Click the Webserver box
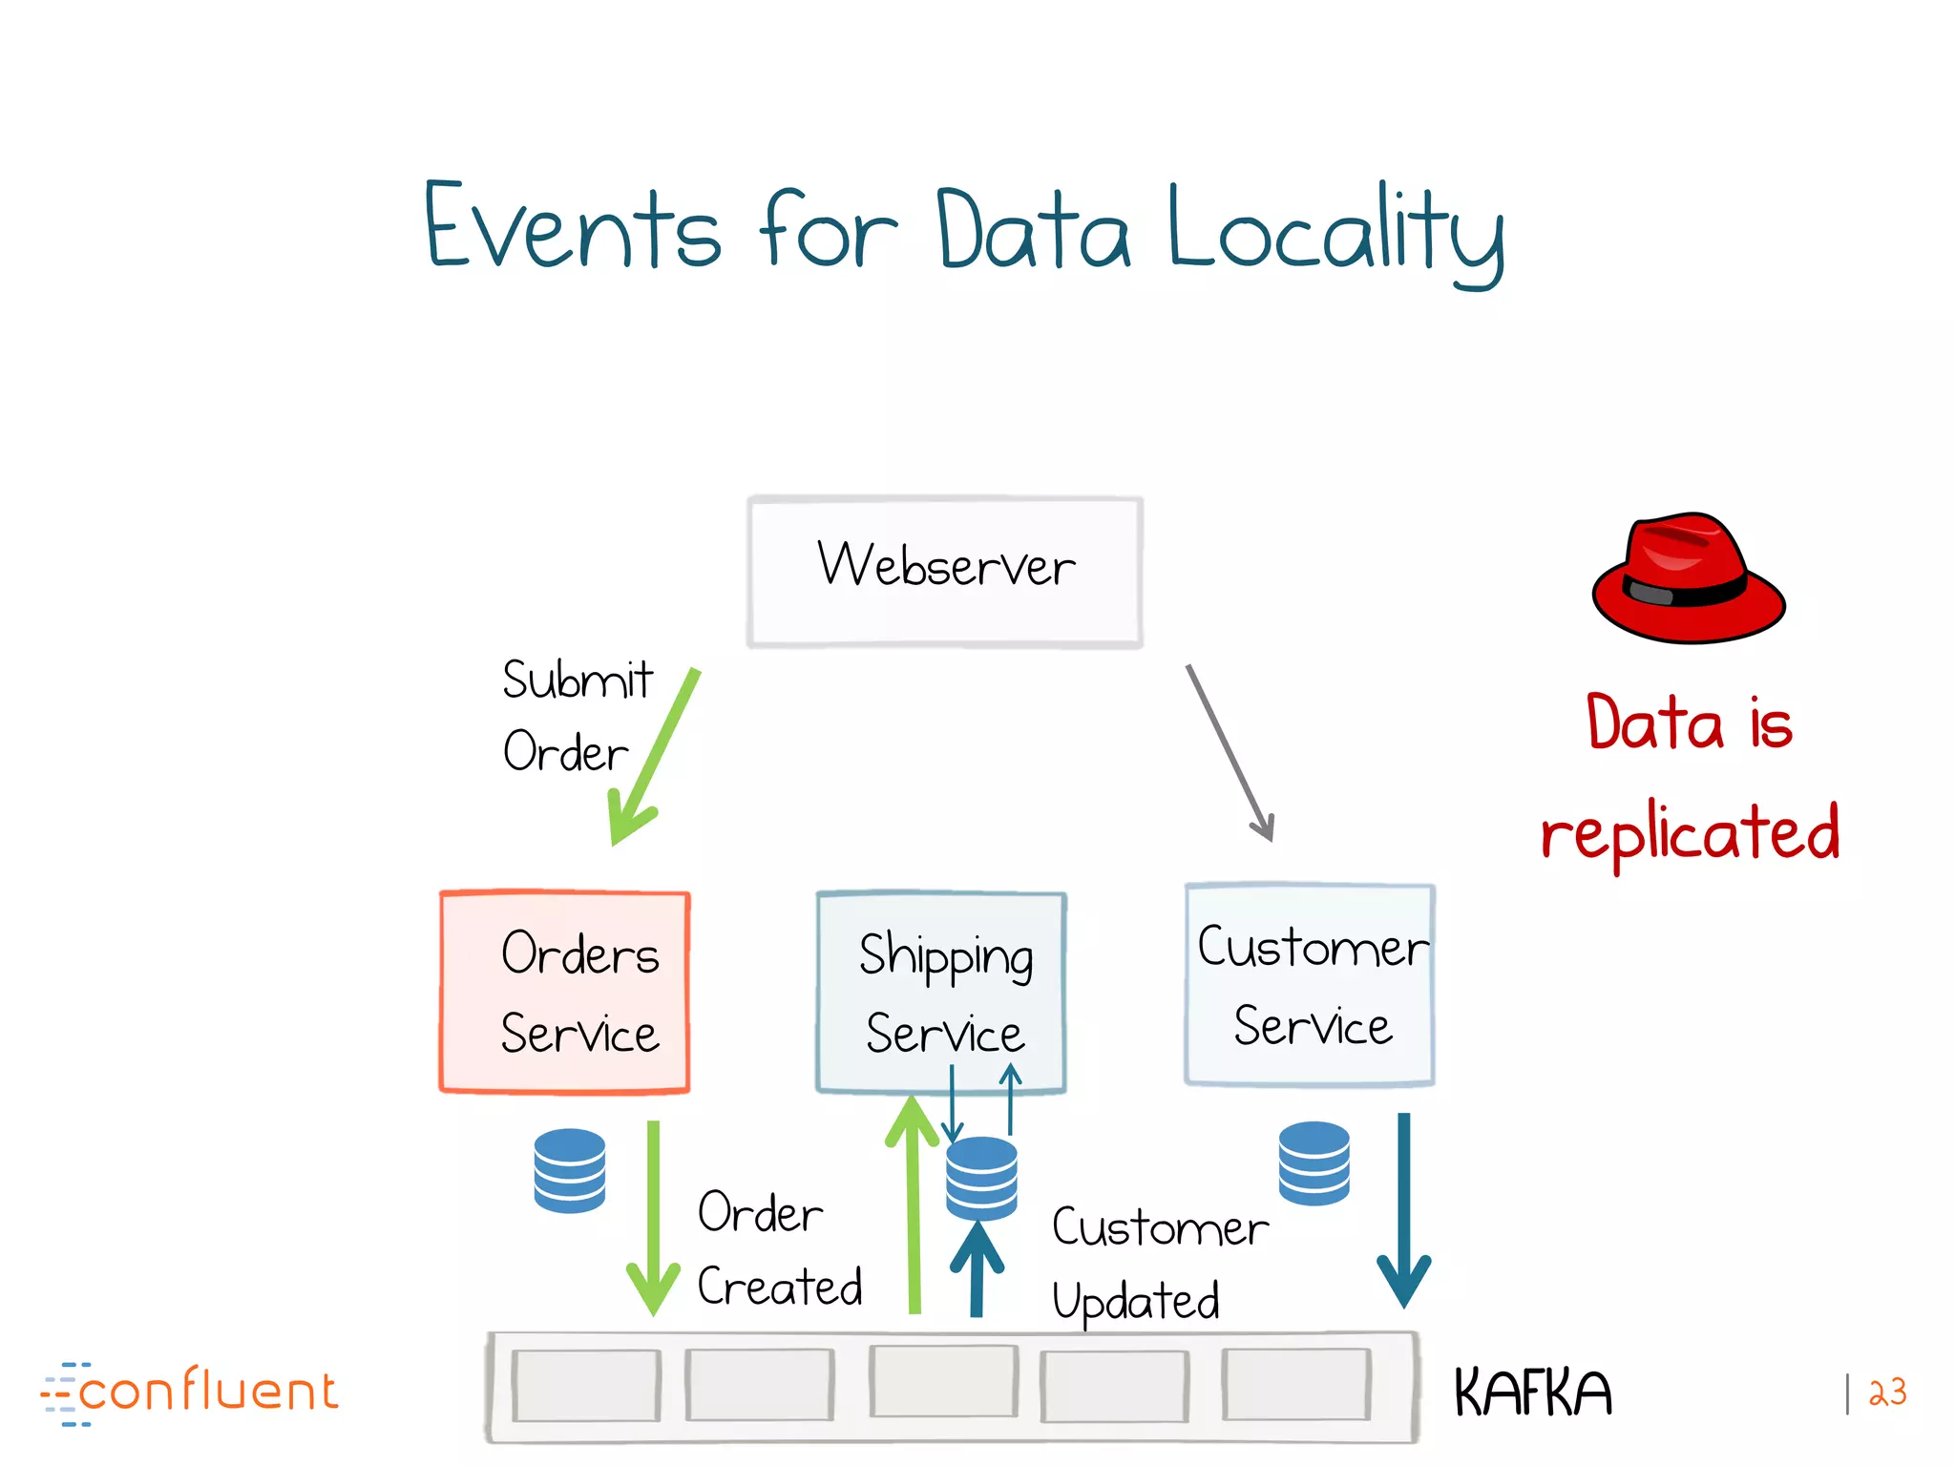pos(945,571)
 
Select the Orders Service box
pos(564,992)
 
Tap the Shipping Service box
pos(941,992)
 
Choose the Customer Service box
pos(1310,985)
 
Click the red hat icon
pos(1688,578)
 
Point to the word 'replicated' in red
pos(1690,832)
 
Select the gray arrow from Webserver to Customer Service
pos(1230,753)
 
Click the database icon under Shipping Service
pos(981,1178)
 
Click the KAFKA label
pos(1532,1393)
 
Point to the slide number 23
pos(1887,1393)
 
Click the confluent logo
pos(191,1393)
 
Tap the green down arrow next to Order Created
pos(653,1222)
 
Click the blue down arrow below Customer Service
pos(1403,1212)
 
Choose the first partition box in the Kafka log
pos(585,1385)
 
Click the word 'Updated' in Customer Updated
pos(1136,1301)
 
